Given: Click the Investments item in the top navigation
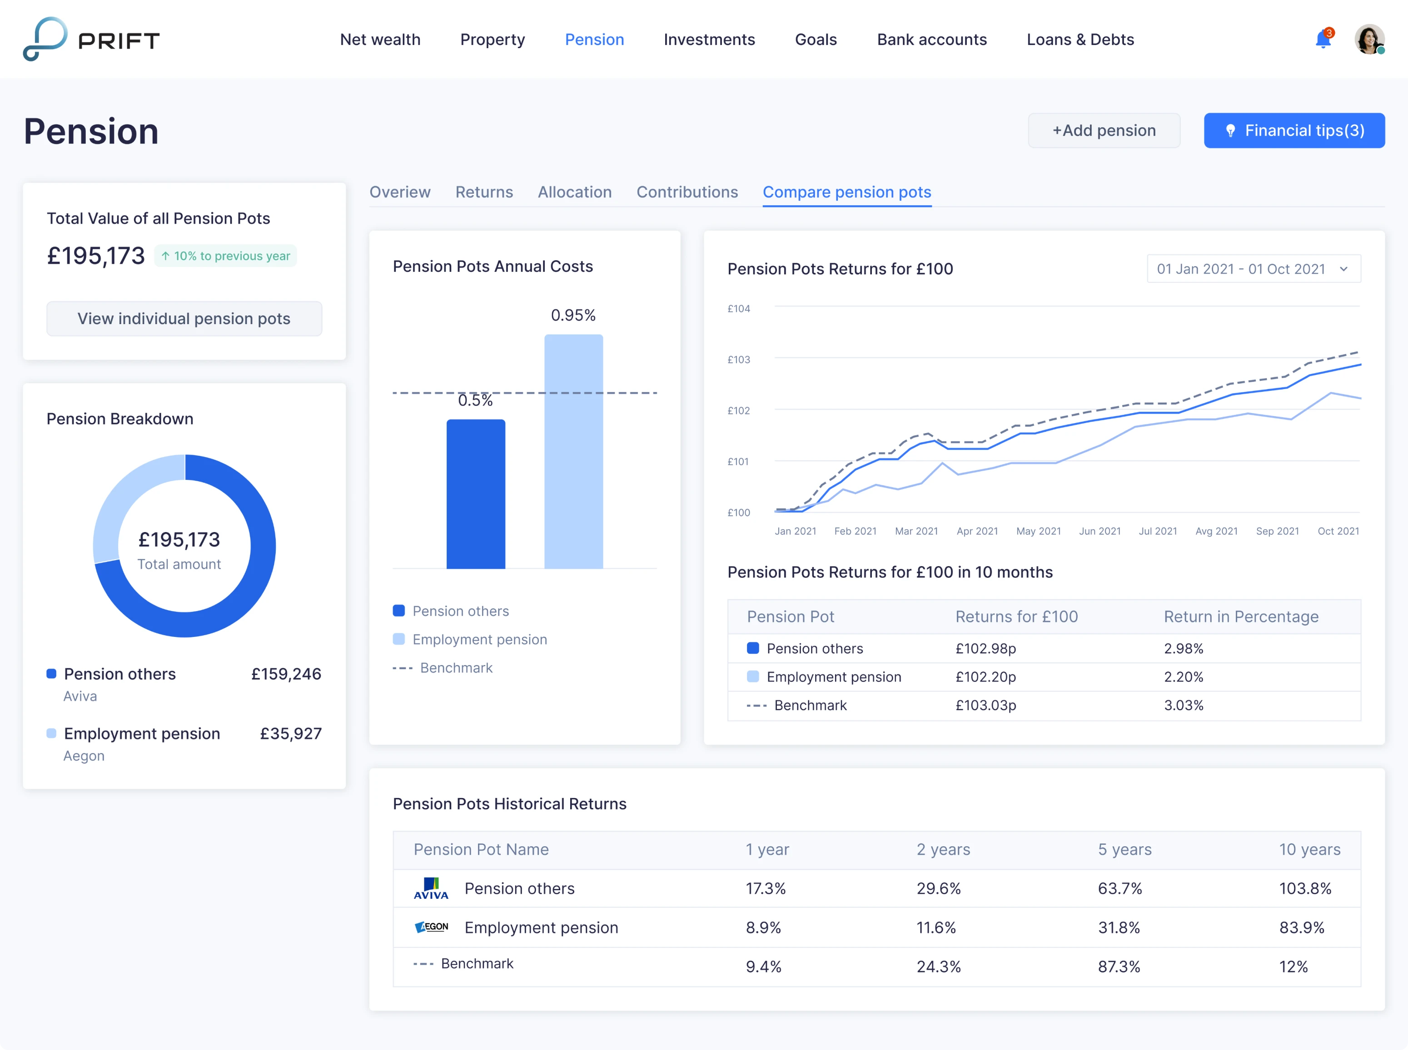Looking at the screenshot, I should (x=709, y=39).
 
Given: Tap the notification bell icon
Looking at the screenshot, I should (x=1323, y=40).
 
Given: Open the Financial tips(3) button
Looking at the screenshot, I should (x=1294, y=130).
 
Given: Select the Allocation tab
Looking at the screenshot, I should (x=574, y=192).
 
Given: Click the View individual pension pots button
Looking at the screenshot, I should (x=184, y=318).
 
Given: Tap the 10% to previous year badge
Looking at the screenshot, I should (x=226, y=256).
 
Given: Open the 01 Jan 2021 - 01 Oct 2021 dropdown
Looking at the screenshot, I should (x=1253, y=269).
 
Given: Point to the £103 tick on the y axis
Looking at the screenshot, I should (x=738, y=360).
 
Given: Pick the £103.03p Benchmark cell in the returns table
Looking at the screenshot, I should (x=986, y=705).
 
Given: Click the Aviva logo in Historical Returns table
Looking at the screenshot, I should (x=431, y=888).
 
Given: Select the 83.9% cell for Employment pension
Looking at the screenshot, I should (x=1301, y=927).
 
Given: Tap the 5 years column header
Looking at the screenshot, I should (x=1124, y=850).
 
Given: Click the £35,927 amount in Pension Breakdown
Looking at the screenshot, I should (x=291, y=734).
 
